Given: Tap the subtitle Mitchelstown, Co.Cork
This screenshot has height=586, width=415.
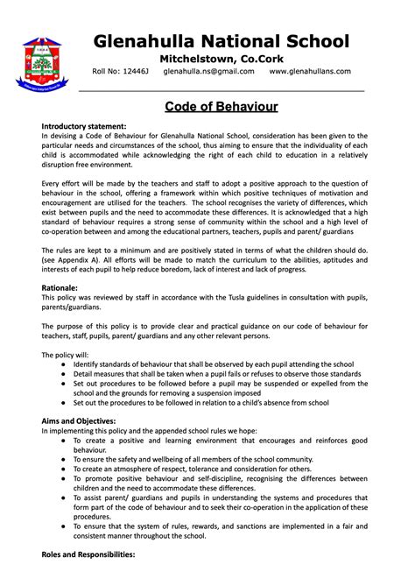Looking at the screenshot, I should [x=222, y=57].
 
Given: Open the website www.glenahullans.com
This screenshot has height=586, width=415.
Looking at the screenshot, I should [x=310, y=71].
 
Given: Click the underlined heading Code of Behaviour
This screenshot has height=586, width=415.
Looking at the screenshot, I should [x=222, y=106].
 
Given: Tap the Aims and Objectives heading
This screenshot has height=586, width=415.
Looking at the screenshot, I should [x=80, y=420].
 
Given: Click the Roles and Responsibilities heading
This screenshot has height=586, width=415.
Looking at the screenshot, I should [x=88, y=554].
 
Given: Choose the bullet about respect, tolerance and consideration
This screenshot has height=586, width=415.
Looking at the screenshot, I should [x=193, y=469].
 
